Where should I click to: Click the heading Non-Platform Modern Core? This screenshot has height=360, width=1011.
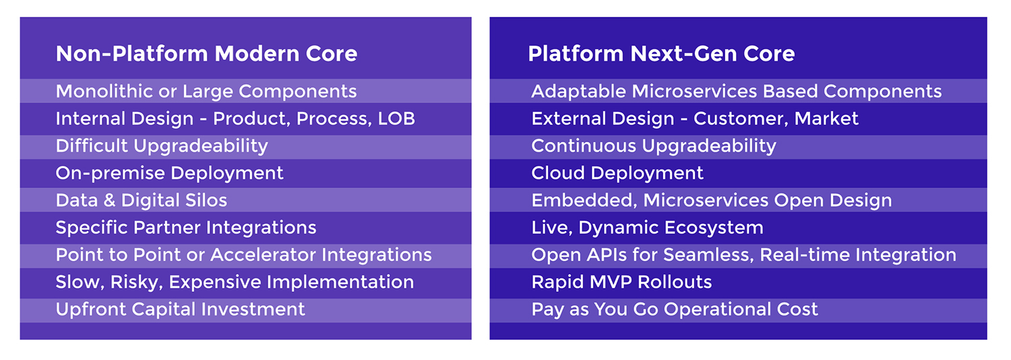206,54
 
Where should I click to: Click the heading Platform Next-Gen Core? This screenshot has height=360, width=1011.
661,54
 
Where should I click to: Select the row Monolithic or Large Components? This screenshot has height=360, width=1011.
206,91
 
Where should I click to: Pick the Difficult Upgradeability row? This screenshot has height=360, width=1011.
162,146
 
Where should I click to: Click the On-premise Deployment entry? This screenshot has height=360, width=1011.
170,173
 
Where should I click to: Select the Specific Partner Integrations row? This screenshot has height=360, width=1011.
186,228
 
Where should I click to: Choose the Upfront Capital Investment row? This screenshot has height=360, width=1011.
181,309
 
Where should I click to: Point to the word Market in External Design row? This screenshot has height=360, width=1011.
826,119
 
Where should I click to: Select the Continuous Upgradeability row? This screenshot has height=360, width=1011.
654,146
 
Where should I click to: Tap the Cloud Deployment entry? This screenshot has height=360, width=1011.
617,173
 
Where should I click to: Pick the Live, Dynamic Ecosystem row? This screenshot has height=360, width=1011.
647,228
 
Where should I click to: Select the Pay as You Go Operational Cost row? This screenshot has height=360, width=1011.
675,309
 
